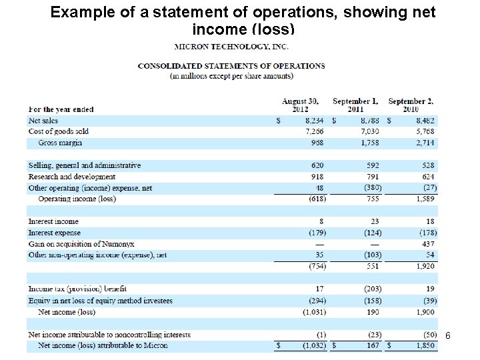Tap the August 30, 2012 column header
pyautogui.click(x=301, y=105)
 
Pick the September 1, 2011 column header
pyautogui.click(x=355, y=105)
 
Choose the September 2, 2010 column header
pyautogui.click(x=411, y=105)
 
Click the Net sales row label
pyautogui.click(x=43, y=121)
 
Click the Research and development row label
pyautogui.click(x=71, y=177)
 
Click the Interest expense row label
pyautogui.click(x=54, y=233)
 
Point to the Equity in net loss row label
pyautogui.click(x=100, y=301)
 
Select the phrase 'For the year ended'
pyautogui.click(x=61, y=109)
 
